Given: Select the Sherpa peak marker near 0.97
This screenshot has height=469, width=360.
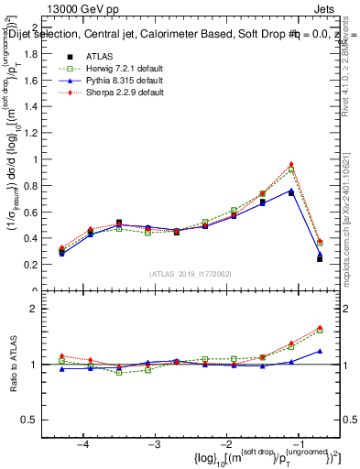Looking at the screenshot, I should coord(291,164).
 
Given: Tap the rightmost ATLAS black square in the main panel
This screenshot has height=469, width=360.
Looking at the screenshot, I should coord(320,259).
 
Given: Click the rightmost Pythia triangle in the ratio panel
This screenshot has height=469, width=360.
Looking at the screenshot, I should coord(320,351).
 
